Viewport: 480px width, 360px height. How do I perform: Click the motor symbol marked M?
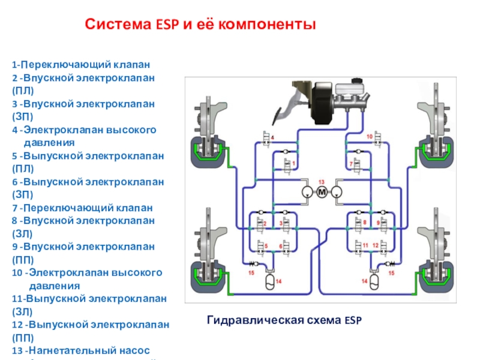321,192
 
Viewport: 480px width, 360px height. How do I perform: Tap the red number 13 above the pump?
321,181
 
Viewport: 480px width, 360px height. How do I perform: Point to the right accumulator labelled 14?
373,280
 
